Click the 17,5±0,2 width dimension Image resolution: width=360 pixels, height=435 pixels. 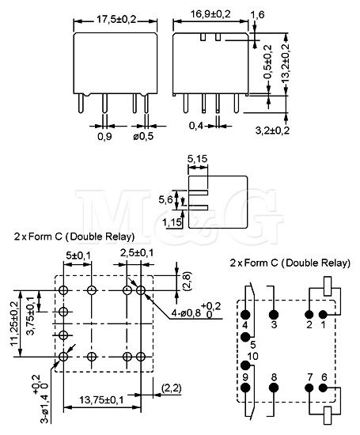(116, 20)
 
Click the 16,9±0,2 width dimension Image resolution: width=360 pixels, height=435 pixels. (210, 14)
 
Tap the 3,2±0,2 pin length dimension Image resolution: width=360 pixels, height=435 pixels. (272, 130)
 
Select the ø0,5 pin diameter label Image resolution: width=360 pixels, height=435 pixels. (143, 137)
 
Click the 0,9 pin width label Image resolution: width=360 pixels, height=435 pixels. (104, 137)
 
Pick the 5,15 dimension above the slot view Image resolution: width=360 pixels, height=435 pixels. (197, 159)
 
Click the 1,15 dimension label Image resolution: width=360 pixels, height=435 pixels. (172, 222)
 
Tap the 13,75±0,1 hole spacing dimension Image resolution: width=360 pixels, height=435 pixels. (101, 399)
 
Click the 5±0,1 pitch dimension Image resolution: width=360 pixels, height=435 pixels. (78, 255)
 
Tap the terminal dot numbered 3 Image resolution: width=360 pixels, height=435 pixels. (274, 315)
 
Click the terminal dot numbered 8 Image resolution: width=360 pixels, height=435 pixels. (274, 388)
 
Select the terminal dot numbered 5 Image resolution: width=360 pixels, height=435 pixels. (245, 337)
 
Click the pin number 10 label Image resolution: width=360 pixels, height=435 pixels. (252, 356)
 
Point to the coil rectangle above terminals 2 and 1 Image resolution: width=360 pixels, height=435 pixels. (328, 286)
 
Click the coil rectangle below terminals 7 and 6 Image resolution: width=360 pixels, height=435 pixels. (328, 415)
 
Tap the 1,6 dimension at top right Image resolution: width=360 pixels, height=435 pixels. (257, 14)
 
